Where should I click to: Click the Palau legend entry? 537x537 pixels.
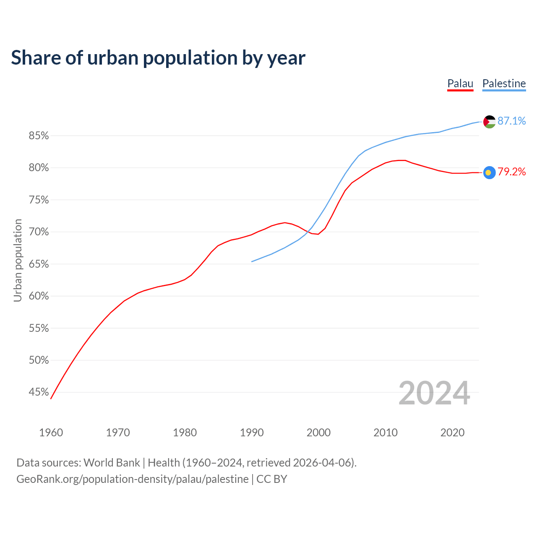click(x=460, y=83)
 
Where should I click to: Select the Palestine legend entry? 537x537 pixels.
click(x=504, y=83)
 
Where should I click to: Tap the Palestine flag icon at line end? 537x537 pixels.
click(x=490, y=122)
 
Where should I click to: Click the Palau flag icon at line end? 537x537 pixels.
click(x=490, y=172)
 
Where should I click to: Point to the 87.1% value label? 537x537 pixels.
click(x=512, y=121)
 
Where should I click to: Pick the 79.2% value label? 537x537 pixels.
click(x=512, y=172)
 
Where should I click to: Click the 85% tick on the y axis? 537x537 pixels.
click(x=39, y=136)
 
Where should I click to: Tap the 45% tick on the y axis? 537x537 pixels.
click(x=39, y=392)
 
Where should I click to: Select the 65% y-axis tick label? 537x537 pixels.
click(x=39, y=264)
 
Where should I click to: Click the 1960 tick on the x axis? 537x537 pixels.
click(x=51, y=433)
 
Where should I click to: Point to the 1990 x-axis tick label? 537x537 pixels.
click(x=252, y=433)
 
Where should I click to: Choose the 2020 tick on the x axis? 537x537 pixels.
click(x=452, y=433)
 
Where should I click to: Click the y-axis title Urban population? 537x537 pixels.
click(x=18, y=260)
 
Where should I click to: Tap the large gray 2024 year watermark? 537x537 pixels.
click(x=434, y=393)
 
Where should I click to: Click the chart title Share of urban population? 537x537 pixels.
click(x=158, y=58)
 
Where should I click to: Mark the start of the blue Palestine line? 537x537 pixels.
click(x=252, y=262)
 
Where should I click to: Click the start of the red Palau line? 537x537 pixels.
click(x=51, y=399)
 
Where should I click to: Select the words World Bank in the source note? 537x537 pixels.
click(x=112, y=463)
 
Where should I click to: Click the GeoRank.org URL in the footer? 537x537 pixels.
click(x=133, y=479)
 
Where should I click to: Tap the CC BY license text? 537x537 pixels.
click(x=271, y=479)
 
